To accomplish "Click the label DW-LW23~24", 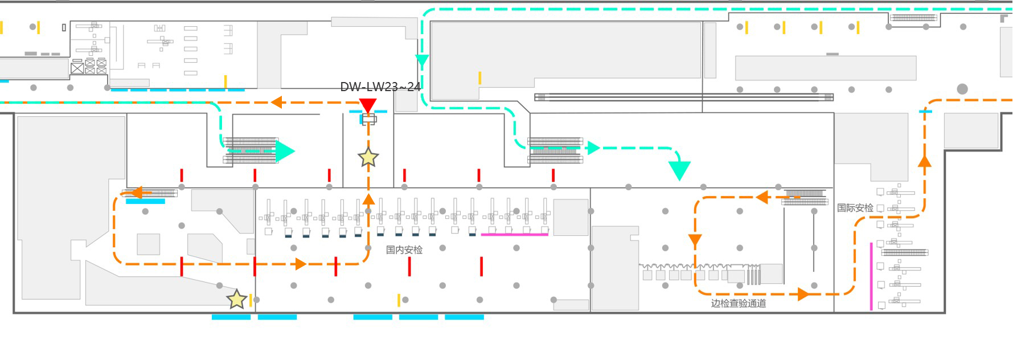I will tap(380, 87).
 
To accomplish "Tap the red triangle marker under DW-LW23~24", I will tap(368, 105).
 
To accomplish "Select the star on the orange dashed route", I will tap(368, 157).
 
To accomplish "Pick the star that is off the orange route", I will tap(237, 299).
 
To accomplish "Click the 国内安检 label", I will tap(404, 249).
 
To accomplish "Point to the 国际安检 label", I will tap(855, 208).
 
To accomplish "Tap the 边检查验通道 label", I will tap(739, 303).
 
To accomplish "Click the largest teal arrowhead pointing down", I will tap(679, 170).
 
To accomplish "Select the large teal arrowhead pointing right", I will tap(285, 151).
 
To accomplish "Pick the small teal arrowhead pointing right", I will tap(593, 148).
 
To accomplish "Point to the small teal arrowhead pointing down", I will tap(422, 60).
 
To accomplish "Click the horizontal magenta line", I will tap(515, 234).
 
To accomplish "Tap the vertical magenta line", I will tap(871, 276).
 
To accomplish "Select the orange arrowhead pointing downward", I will tap(695, 240).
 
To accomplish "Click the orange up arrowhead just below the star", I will tap(368, 199).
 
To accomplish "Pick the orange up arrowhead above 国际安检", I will tap(925, 161).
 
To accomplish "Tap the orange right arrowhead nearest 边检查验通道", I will tap(803, 294).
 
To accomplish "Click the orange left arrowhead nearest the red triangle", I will tap(277, 103).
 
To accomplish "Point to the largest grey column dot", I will tap(962, 89).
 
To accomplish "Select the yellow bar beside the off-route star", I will tap(251, 300).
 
